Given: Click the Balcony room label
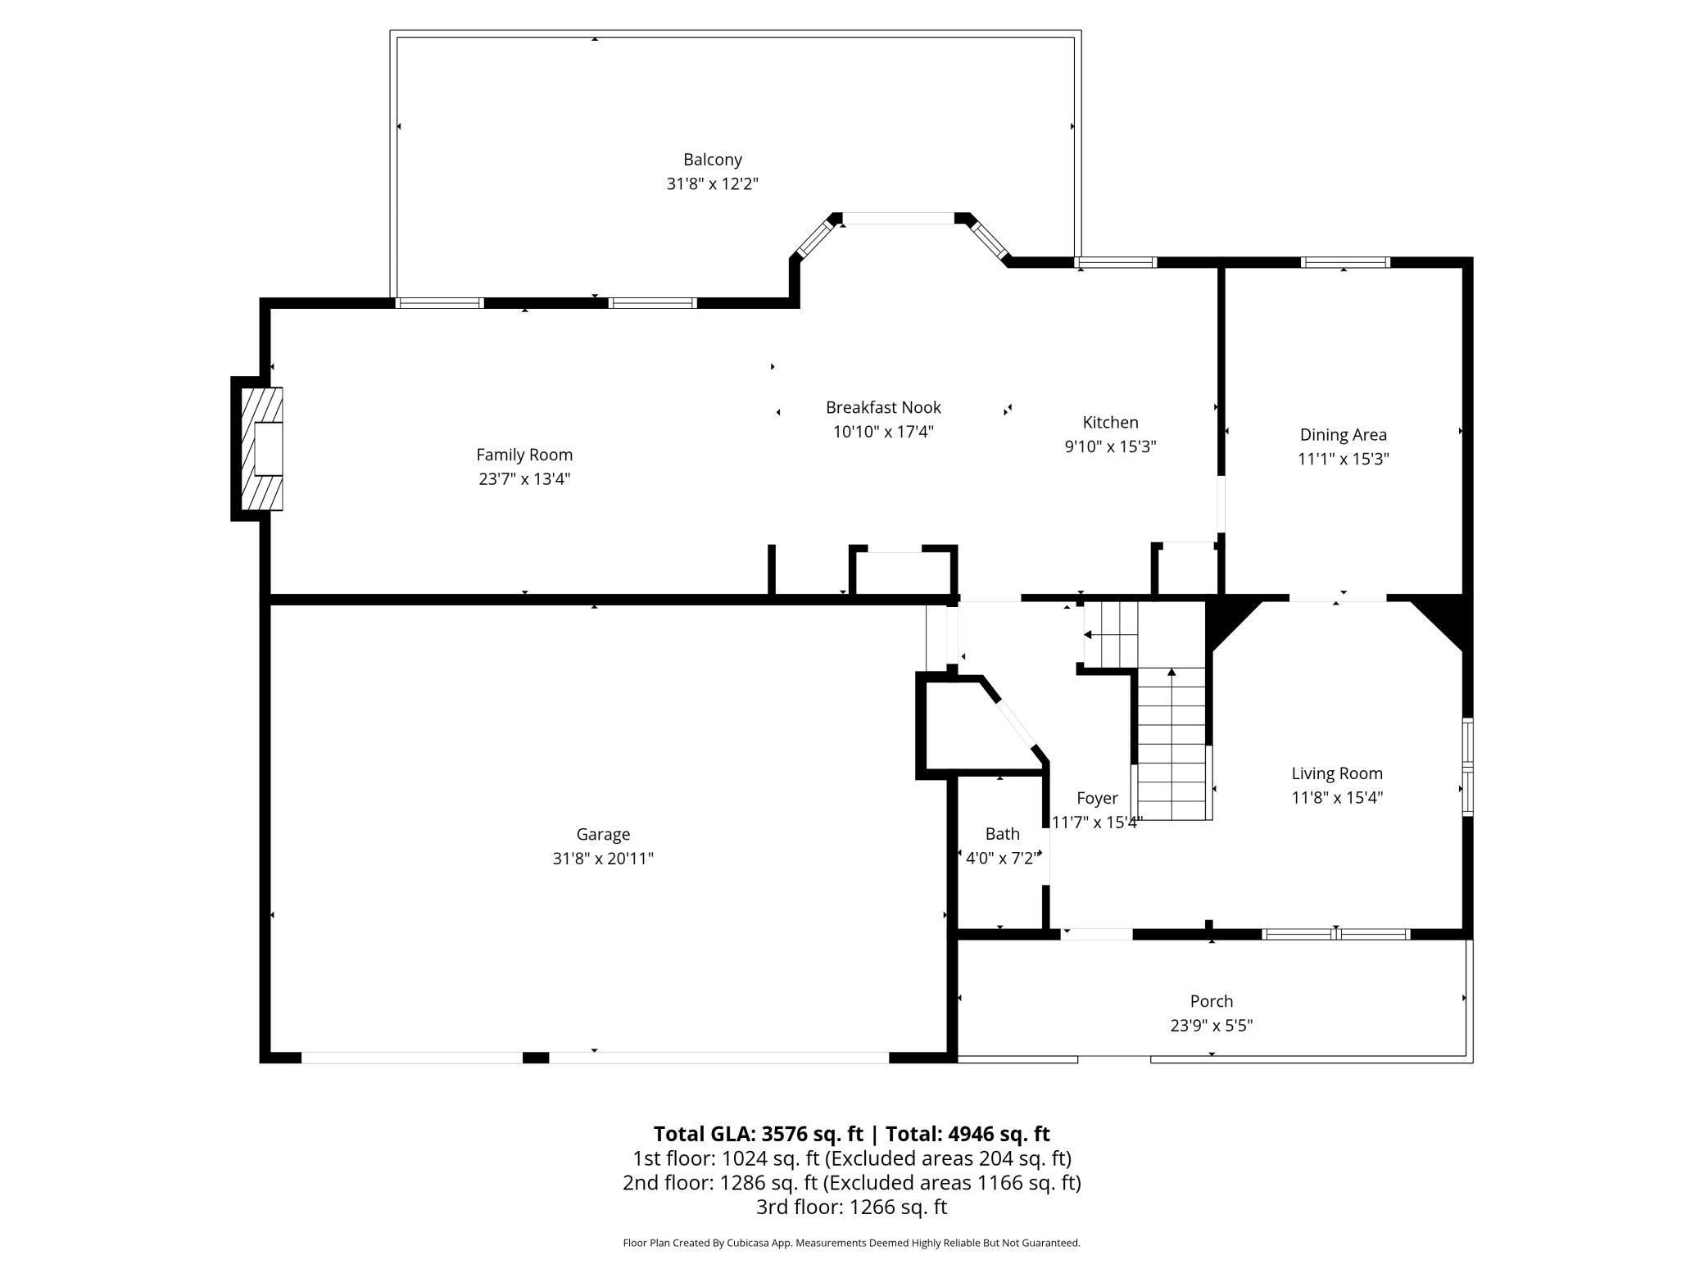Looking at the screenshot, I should pyautogui.click(x=712, y=160).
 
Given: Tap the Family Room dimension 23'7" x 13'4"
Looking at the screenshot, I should pyautogui.click(x=524, y=479).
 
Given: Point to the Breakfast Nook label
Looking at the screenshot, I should pyautogui.click(x=883, y=407).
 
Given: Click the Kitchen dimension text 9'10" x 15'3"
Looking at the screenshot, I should pyautogui.click(x=1110, y=446).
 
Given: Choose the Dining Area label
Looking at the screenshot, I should pyautogui.click(x=1343, y=435).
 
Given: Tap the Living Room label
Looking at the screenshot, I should pyautogui.click(x=1336, y=773).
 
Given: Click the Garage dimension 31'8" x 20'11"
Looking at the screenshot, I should pyautogui.click(x=603, y=859).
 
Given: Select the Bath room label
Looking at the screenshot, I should pyautogui.click(x=1002, y=834).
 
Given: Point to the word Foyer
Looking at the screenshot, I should pyautogui.click(x=1097, y=798).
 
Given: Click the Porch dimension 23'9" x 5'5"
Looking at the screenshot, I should pyautogui.click(x=1211, y=1026).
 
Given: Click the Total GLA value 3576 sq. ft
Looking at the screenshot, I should pyautogui.click(x=812, y=1134).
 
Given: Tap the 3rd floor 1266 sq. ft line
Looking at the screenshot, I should pyautogui.click(x=851, y=1207).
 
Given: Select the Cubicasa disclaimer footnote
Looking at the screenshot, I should pyautogui.click(x=851, y=1243).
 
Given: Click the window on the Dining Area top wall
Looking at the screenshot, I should pyautogui.click(x=1345, y=262).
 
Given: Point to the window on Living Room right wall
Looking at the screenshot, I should pyautogui.click(x=1467, y=767).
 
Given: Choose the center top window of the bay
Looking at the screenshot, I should pyautogui.click(x=899, y=219).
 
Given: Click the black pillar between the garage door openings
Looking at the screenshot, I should pyautogui.click(x=536, y=1058).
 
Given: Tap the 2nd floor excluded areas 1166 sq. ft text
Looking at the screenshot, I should pyautogui.click(x=952, y=1183).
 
